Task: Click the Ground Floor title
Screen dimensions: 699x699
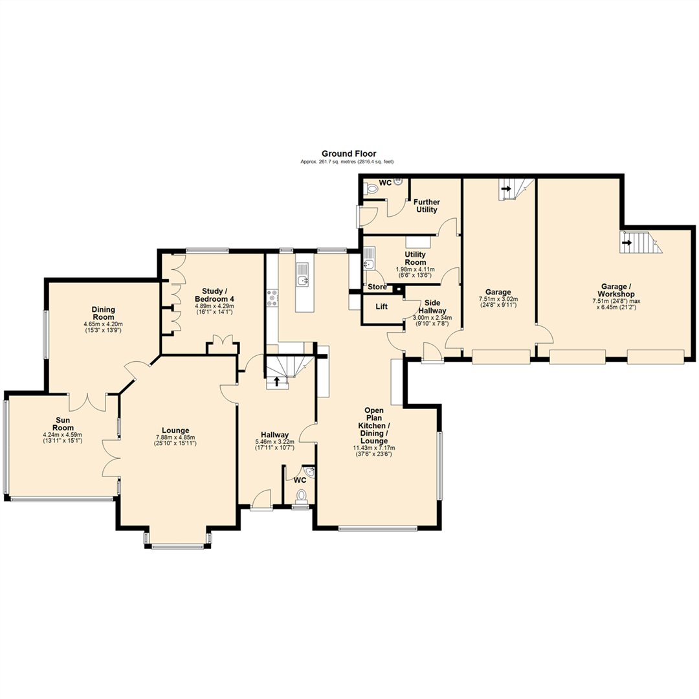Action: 349,153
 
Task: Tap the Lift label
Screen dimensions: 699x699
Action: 382,306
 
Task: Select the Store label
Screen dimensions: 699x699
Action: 377,287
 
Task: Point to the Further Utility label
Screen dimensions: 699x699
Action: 427,206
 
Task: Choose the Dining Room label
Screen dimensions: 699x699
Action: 103,313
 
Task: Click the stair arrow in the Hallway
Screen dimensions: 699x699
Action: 277,381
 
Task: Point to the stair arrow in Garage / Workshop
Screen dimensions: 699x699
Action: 627,244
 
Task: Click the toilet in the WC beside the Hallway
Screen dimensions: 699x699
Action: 300,496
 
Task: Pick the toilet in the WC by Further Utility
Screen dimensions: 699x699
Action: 371,188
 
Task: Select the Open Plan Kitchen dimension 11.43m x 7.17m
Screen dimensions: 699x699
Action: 374,448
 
